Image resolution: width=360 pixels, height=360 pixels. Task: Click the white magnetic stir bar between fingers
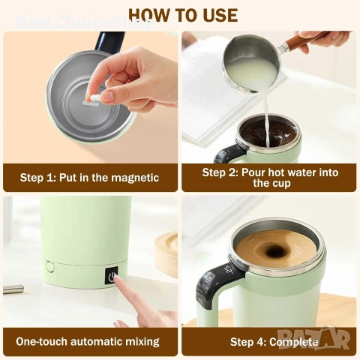[94, 98]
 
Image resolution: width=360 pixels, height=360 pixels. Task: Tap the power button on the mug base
[111, 276]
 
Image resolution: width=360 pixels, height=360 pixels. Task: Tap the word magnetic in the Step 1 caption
[135, 178]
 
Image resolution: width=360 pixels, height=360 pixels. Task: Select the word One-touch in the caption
[41, 341]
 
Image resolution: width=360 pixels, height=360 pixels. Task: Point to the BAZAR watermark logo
[314, 338]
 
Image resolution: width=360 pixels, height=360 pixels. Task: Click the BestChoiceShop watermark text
[85, 22]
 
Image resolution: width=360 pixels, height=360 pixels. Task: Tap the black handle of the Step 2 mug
[229, 152]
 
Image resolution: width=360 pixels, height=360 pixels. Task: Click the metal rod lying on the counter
[13, 289]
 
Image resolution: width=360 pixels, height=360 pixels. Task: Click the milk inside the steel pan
[250, 73]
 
